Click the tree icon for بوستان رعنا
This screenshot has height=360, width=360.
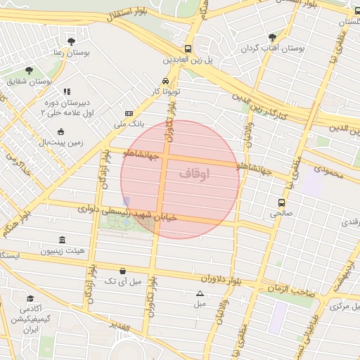(71, 41)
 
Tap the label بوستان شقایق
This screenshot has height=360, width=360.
(30, 82)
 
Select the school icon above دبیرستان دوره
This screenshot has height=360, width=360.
(67, 91)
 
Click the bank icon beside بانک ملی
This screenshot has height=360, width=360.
(129, 113)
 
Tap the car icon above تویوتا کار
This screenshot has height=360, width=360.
(165, 80)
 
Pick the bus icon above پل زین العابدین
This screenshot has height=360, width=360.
(188, 49)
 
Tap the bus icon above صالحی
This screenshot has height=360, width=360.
(282, 202)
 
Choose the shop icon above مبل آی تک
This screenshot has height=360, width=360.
(123, 271)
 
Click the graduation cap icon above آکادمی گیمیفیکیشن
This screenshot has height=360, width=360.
(30, 298)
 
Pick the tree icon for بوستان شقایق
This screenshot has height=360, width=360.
(29, 70)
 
